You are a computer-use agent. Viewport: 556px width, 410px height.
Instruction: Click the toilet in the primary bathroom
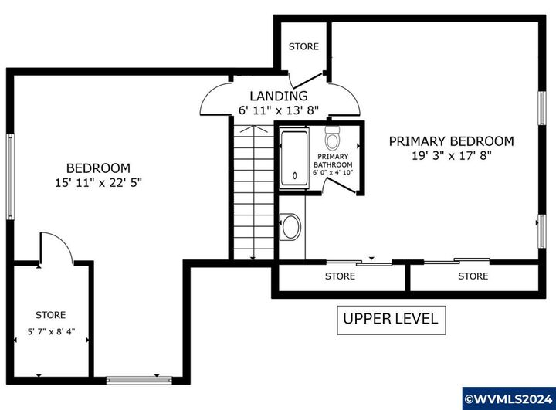333,137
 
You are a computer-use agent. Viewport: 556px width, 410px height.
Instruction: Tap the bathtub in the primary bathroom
294,158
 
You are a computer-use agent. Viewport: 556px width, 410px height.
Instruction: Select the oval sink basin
291,227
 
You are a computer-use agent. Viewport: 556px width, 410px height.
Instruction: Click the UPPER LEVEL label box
391,320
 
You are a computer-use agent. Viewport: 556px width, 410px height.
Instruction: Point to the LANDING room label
279,96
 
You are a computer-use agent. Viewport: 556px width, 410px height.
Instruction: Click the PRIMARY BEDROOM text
452,141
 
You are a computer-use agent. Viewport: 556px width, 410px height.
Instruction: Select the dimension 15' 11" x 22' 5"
98,183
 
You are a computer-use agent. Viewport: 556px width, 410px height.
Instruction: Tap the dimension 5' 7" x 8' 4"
52,332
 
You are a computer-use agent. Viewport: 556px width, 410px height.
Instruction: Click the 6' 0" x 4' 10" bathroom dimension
333,173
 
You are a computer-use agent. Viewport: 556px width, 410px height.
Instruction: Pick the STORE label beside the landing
303,46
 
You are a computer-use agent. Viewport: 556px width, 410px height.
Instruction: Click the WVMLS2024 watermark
509,399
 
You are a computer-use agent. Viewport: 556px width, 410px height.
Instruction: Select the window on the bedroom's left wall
10,176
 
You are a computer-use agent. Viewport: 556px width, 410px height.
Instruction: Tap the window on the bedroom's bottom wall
139,380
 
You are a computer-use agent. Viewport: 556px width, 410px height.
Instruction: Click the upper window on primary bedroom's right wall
542,108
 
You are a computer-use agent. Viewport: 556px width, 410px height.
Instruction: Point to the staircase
253,192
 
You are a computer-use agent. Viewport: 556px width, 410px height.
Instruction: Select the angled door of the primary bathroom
341,186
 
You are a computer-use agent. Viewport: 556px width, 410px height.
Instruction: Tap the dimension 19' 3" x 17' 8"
452,155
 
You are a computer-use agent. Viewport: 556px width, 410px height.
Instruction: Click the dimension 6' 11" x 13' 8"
279,110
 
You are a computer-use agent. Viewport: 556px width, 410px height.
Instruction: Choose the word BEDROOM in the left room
98,168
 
